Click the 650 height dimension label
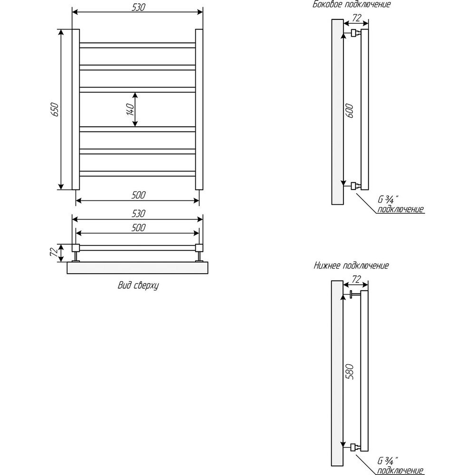coord(56,109)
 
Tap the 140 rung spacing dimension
coord(130,109)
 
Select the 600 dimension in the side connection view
coord(349,111)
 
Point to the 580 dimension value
coord(349,371)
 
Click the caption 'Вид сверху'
coord(138,285)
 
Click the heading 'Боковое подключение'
coord(351,4)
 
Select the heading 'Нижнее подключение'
coord(351,266)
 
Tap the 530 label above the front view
coord(138,7)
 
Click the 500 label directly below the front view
coord(138,195)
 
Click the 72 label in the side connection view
coord(357,18)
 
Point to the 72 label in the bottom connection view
coord(357,279)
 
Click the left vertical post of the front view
coord(76,109)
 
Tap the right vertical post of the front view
coord(199,109)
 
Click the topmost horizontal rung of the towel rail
coord(138,46)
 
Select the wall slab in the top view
coord(138,268)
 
